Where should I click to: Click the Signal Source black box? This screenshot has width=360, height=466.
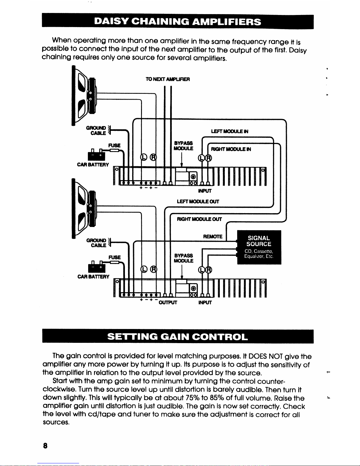(259, 247)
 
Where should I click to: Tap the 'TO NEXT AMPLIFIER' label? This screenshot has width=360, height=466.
(168, 79)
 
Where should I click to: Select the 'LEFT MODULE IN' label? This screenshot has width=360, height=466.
(230, 131)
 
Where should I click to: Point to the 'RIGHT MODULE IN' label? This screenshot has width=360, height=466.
(231, 149)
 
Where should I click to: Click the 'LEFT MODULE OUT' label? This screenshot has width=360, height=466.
(198, 202)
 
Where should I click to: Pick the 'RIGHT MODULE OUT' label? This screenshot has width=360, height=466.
(199, 219)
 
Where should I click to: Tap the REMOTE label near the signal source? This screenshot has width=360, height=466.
(213, 237)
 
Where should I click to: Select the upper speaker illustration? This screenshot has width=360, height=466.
(84, 96)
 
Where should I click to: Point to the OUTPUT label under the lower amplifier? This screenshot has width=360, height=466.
(168, 303)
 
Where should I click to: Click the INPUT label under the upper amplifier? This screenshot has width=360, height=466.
(205, 191)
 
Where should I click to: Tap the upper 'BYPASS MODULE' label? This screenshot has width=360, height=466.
(183, 146)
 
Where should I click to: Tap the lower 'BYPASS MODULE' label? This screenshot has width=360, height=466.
(183, 258)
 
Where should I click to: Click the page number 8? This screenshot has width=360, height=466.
(45, 446)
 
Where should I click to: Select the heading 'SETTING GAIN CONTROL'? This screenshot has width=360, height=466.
(178, 337)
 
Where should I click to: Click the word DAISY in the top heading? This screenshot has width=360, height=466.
(110, 22)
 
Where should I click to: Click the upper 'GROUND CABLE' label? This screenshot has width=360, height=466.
(96, 131)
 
